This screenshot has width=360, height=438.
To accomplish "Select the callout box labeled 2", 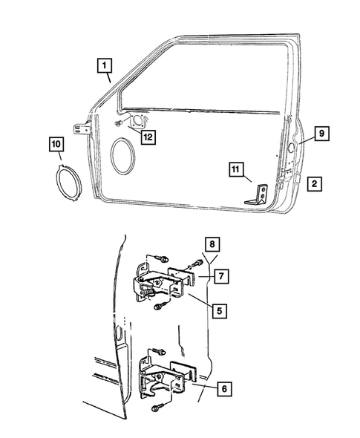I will pos(315,182).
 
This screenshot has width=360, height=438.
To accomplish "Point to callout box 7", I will pos(221,276).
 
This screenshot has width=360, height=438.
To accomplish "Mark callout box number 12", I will pos(148,136).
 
